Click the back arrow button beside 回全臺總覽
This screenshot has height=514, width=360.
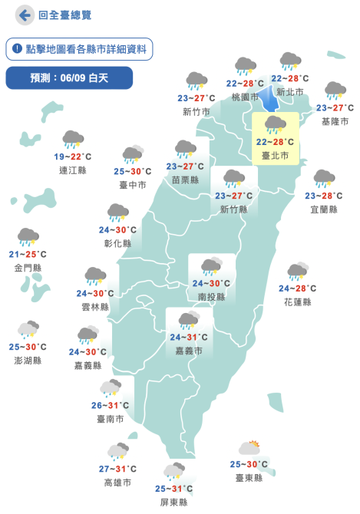[25, 15]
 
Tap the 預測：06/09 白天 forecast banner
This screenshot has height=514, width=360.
[69, 77]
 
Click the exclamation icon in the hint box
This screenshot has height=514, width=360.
[17, 49]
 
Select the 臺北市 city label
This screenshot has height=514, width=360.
[275, 156]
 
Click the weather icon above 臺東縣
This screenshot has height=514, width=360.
[250, 448]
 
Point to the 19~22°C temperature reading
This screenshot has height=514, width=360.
[74, 157]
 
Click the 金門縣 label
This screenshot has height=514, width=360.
[28, 267]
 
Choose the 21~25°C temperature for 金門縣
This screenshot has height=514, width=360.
[28, 255]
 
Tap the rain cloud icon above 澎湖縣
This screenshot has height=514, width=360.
[29, 329]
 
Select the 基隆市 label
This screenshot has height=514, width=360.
[335, 121]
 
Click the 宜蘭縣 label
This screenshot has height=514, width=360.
[324, 209]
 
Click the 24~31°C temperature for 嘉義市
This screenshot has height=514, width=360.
[189, 338]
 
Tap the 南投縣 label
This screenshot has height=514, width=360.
[211, 297]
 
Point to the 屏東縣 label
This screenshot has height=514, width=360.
[173, 502]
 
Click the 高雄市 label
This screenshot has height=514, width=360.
[117, 483]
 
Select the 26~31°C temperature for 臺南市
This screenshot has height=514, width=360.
[110, 406]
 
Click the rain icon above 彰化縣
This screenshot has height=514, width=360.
[117, 212]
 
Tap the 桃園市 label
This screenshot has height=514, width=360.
[245, 97]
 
